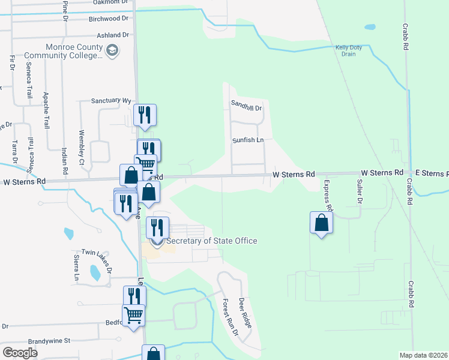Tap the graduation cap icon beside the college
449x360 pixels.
tap(112, 52)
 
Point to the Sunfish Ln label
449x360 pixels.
tap(249, 140)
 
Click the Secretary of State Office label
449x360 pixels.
tap(211, 241)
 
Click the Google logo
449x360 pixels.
tap(20, 353)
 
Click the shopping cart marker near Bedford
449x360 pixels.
tap(133, 314)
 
